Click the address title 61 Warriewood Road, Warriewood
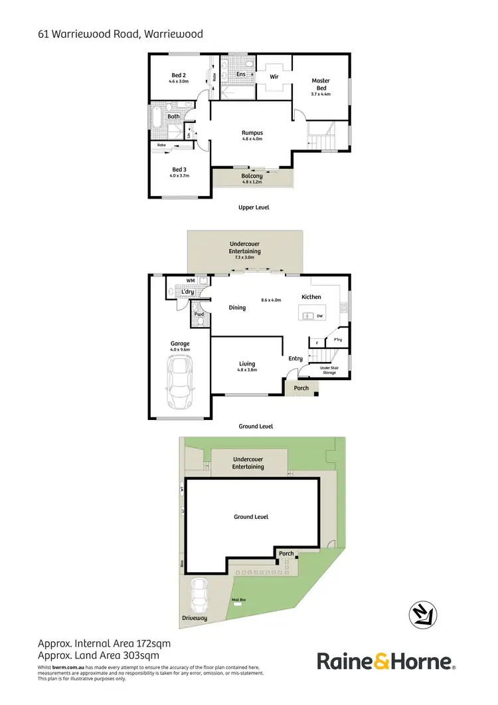[x=120, y=33]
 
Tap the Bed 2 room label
[x=179, y=75]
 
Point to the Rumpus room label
[x=252, y=133]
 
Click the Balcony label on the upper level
[x=252, y=176]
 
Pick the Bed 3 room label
[x=179, y=169]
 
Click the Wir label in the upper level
[x=274, y=76]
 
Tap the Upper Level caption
[x=254, y=207]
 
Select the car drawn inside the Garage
[x=180, y=382]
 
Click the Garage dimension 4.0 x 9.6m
[x=180, y=350]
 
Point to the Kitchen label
[x=311, y=297]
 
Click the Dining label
[x=237, y=308]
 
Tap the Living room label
[x=248, y=363]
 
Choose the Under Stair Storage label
[x=328, y=370]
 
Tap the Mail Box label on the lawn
[x=238, y=599]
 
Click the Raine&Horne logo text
[x=385, y=661]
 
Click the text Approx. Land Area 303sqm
[x=104, y=655]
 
